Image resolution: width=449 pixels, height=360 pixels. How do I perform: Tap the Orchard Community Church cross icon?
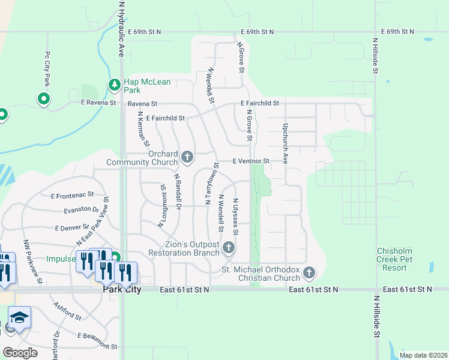click(187, 157)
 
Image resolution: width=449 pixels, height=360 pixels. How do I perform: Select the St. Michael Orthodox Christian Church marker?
click(309, 273)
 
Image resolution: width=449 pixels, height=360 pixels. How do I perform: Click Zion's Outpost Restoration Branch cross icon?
click(228, 248)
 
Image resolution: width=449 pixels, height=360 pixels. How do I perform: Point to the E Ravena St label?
click(98, 103)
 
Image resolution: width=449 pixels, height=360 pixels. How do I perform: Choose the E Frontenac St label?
click(73, 195)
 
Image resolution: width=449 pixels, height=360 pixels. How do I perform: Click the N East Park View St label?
click(92, 221)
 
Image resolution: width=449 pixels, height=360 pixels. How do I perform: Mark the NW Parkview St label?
click(32, 262)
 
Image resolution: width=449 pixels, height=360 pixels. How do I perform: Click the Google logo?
click(20, 352)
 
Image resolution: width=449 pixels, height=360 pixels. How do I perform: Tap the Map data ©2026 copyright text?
click(423, 355)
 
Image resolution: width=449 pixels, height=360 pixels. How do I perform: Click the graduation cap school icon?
click(20, 318)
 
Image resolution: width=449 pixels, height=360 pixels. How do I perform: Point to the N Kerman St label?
click(143, 128)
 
